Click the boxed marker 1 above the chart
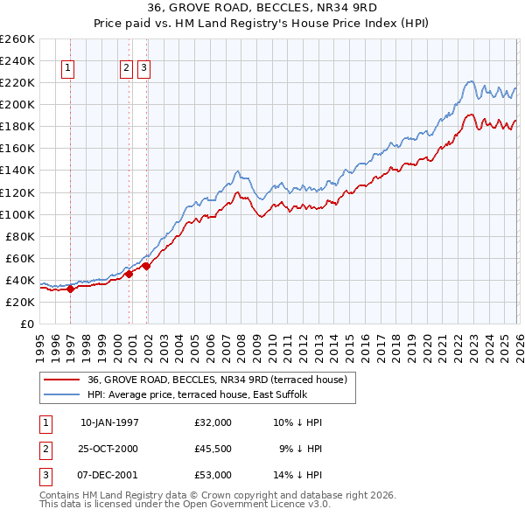click(x=68, y=69)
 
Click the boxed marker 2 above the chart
click(x=126, y=69)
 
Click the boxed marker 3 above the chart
click(x=143, y=69)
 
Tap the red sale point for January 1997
click(x=71, y=289)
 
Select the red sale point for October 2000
click(x=129, y=274)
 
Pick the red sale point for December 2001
click(x=146, y=266)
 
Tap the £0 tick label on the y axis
click(x=25, y=324)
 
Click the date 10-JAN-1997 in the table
click(x=109, y=422)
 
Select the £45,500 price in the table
click(x=213, y=449)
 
